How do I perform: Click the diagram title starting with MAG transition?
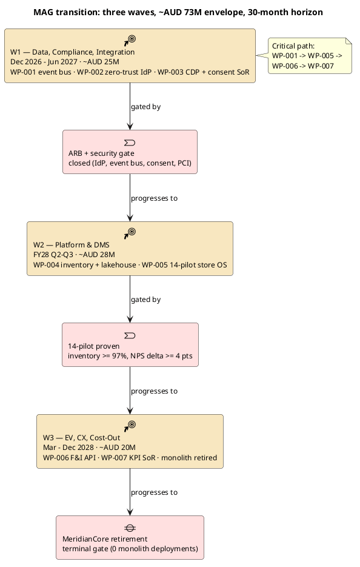tap(178, 12)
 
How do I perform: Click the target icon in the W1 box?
tap(130, 40)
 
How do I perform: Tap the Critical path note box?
tap(310, 56)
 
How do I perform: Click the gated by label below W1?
tap(145, 107)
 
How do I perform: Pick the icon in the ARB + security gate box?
tap(130, 143)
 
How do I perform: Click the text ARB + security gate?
tap(101, 153)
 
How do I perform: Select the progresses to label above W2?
tap(155, 198)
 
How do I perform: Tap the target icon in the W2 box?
tap(130, 233)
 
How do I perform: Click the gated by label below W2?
tap(145, 300)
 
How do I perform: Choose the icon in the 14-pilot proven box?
tap(130, 335)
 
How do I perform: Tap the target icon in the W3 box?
tap(130, 426)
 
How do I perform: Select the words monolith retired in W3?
tap(189, 457)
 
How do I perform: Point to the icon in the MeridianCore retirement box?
tap(130, 528)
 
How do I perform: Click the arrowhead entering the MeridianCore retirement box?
tap(130, 512)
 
